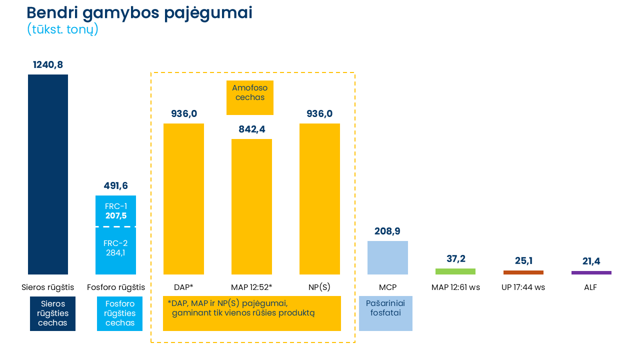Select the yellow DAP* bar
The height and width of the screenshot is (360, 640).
point(183,198)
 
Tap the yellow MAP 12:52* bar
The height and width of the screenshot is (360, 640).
point(251,206)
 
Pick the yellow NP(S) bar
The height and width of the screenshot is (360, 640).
point(319,198)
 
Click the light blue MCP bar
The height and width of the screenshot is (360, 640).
point(387,257)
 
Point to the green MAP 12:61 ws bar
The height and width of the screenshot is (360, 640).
point(455,271)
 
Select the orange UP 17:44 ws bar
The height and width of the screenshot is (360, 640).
point(523,272)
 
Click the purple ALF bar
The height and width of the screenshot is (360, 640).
point(591,272)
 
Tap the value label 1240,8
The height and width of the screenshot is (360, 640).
point(48,64)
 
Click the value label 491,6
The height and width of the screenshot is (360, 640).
point(116,186)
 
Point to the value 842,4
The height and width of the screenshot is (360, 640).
point(251,129)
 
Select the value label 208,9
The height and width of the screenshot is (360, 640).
point(387,231)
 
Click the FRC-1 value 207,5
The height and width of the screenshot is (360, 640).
point(116,216)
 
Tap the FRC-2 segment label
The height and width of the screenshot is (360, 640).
point(116,243)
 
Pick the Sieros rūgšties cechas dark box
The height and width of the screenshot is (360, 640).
point(52,313)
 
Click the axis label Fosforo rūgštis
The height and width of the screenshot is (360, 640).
point(116,287)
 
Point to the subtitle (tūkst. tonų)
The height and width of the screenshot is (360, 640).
point(62,29)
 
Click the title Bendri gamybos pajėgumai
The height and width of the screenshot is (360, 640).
point(139,13)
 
